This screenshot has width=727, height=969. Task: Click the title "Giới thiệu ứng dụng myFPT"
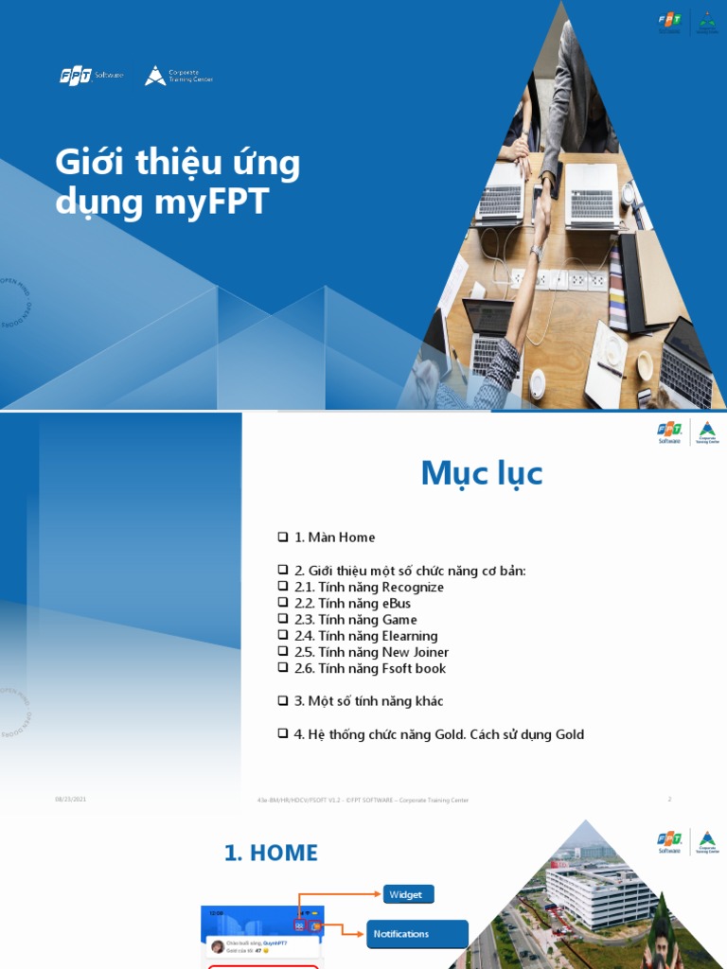(x=178, y=182)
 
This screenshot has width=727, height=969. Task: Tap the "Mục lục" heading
(x=482, y=472)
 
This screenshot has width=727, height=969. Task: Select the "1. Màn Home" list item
(x=334, y=537)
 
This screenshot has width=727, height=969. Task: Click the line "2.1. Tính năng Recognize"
(x=368, y=587)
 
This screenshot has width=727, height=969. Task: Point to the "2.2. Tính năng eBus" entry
(x=352, y=603)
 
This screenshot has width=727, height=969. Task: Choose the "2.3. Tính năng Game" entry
(x=355, y=620)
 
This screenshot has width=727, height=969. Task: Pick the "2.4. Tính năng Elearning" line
(x=365, y=636)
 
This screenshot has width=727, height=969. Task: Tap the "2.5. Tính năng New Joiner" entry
(x=371, y=652)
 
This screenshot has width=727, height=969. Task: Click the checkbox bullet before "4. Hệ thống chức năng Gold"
(x=282, y=733)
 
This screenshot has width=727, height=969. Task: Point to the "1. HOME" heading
(x=271, y=853)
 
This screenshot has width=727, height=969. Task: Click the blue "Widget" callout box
(x=408, y=894)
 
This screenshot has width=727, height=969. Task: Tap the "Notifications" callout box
(x=417, y=934)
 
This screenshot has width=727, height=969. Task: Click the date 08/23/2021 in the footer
(x=70, y=800)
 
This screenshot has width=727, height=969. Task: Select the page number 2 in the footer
(x=669, y=800)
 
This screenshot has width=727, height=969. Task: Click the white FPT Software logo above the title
(x=91, y=76)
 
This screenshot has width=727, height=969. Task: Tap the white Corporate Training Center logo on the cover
(x=178, y=76)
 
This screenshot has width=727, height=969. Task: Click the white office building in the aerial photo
(x=600, y=893)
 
